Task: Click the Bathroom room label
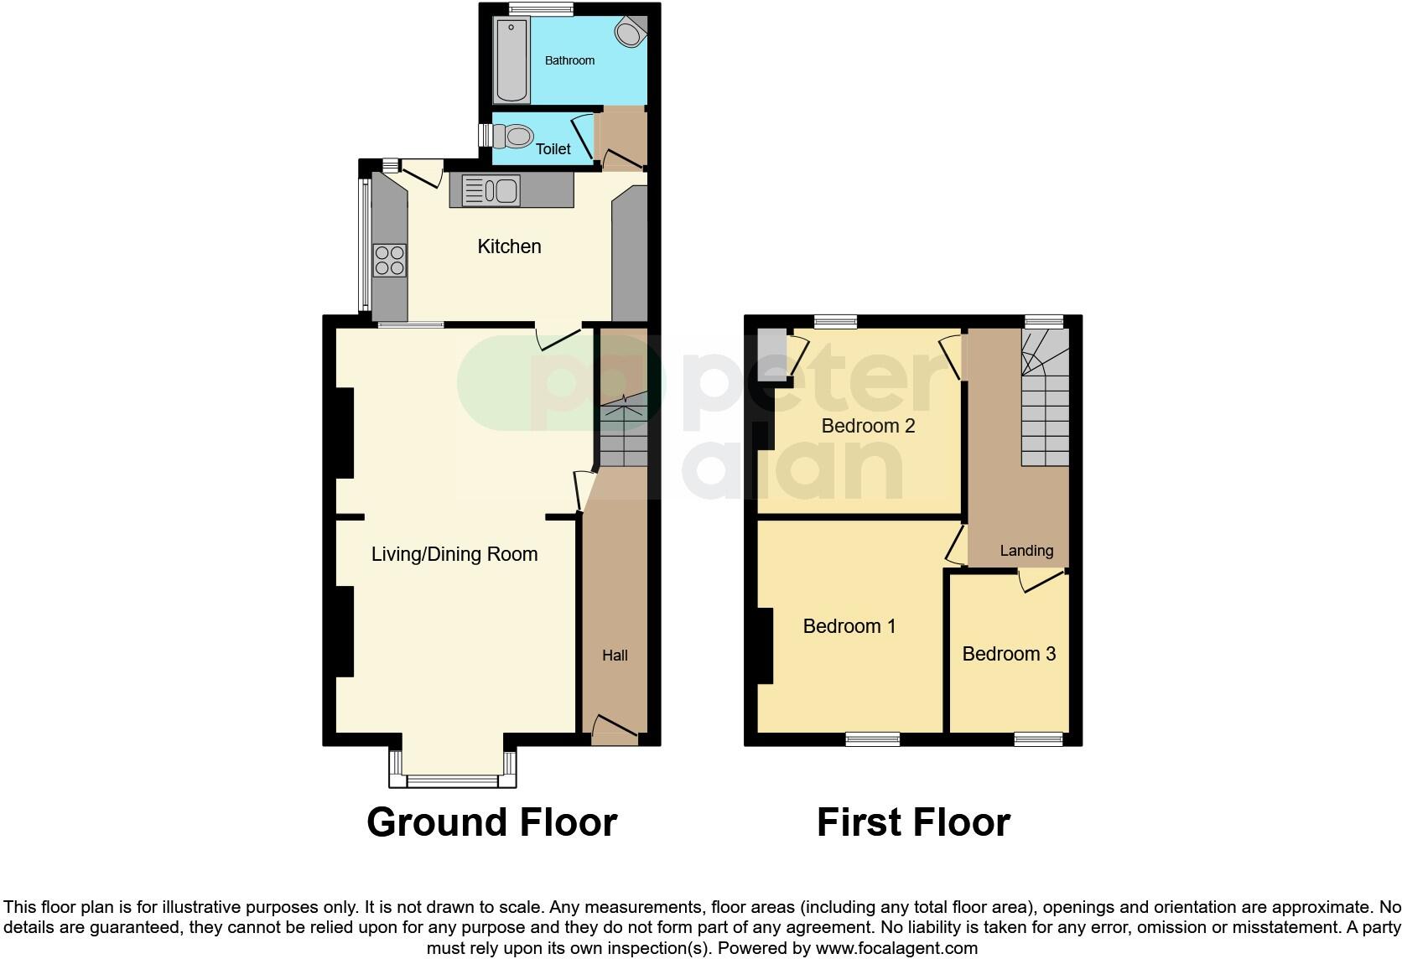click(569, 60)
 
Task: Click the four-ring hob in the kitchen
click(390, 260)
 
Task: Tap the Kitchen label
click(509, 246)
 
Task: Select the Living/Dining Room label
click(454, 554)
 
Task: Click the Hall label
click(615, 656)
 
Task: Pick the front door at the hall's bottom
click(615, 728)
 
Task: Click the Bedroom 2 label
click(868, 426)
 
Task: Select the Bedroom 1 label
click(849, 626)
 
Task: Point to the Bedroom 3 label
click(1009, 654)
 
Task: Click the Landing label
click(1026, 551)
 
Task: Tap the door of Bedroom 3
click(1041, 580)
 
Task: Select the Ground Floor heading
click(491, 822)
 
